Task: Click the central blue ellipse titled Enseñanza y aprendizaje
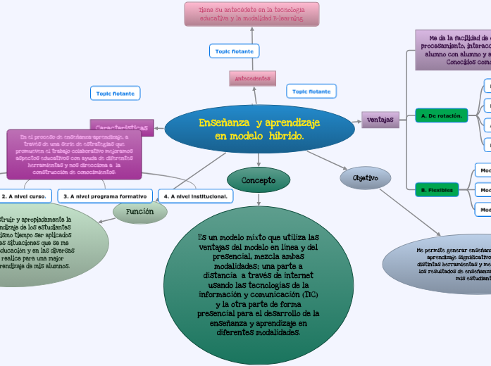(259, 128)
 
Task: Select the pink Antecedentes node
(252, 78)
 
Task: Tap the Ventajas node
(380, 120)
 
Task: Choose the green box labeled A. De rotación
(441, 115)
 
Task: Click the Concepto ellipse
(259, 181)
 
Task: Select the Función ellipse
(139, 212)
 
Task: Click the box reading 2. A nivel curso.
(25, 196)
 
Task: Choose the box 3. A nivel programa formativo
(105, 196)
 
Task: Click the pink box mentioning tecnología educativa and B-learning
(251, 14)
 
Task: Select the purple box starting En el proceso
(74, 154)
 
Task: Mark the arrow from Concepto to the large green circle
(259, 199)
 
